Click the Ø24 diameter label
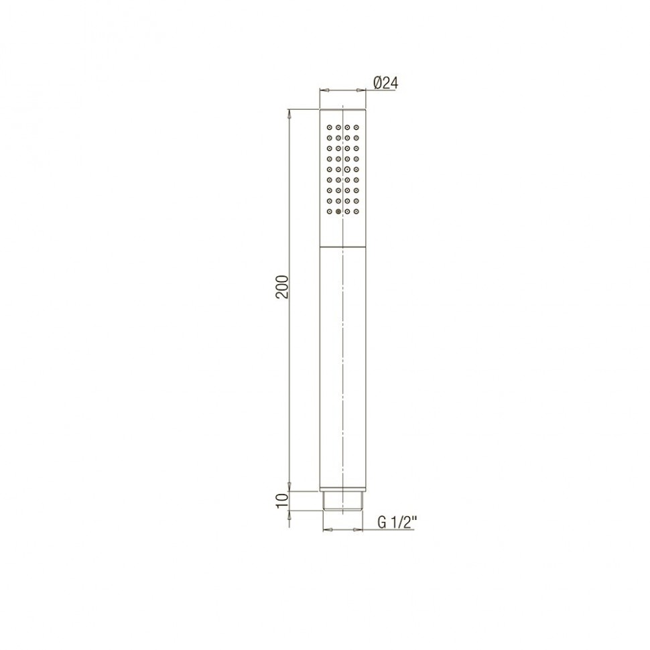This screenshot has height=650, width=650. pyautogui.click(x=385, y=83)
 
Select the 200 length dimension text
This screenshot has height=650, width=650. pyautogui.click(x=282, y=286)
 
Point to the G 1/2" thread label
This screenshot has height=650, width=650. pyautogui.click(x=396, y=523)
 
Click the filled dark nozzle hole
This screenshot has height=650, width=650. pyautogui.click(x=338, y=211)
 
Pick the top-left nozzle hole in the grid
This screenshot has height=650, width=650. pyautogui.click(x=329, y=127)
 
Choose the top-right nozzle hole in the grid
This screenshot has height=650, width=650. pyautogui.click(x=356, y=127)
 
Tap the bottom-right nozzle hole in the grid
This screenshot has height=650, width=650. pyautogui.click(x=356, y=211)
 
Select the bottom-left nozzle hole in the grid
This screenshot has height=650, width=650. pyautogui.click(x=329, y=211)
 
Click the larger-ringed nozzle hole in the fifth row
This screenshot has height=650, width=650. pyautogui.click(x=347, y=169)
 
